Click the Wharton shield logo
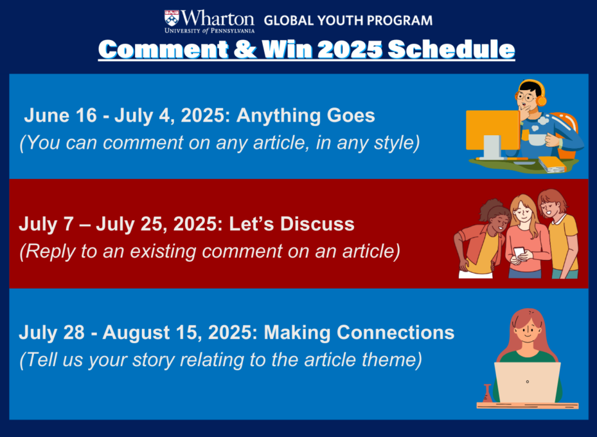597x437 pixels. [172, 18]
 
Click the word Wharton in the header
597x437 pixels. [218, 18]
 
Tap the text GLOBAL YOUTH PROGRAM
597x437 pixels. [348, 20]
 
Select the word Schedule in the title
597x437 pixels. [451, 49]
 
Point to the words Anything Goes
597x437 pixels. [305, 116]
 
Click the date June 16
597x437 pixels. [60, 115]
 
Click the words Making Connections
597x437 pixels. [359, 332]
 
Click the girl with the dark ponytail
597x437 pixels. [481, 238]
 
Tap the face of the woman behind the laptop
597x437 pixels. [527, 331]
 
